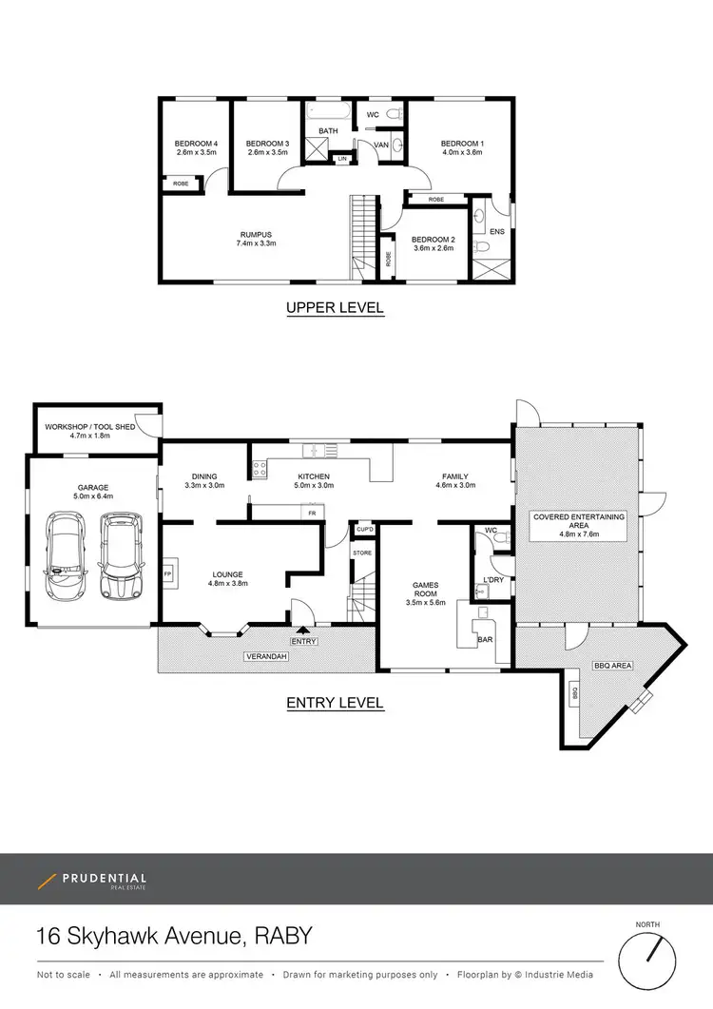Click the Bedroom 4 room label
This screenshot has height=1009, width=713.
(197, 144)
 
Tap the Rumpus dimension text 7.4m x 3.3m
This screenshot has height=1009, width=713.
(256, 243)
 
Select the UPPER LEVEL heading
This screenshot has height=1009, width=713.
(335, 307)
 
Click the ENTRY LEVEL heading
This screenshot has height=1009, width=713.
(335, 703)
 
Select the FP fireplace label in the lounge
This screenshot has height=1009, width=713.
(167, 573)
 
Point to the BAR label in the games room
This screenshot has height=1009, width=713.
(485, 640)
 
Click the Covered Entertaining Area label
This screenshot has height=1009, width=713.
(578, 520)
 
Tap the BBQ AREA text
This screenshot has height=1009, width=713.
(612, 666)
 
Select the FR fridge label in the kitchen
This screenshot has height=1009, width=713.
(312, 513)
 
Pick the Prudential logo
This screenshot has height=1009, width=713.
(92, 879)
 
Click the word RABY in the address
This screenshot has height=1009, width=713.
(283, 937)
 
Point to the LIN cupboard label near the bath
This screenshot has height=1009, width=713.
(341, 158)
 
